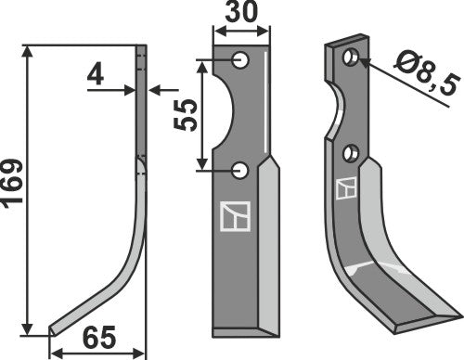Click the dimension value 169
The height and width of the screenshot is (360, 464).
(14, 189)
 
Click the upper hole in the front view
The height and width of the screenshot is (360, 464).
(240, 61)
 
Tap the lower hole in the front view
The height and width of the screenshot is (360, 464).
(240, 170)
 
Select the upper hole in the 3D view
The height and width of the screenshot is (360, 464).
(350, 58)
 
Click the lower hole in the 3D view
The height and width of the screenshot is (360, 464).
(350, 151)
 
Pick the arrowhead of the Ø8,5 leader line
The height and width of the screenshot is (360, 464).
(360, 62)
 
